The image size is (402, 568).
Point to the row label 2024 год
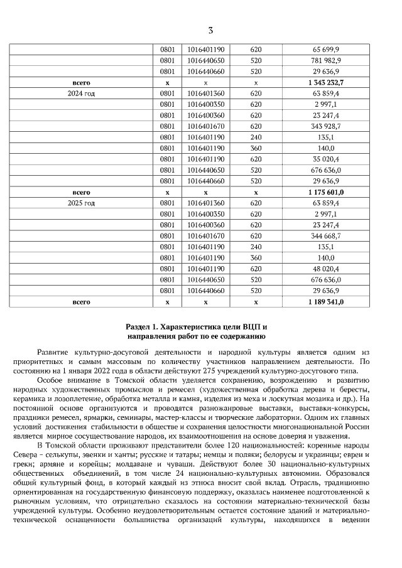coord(82,94)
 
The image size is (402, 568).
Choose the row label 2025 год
coord(82,203)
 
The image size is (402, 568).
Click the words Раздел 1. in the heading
coord(142,327)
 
